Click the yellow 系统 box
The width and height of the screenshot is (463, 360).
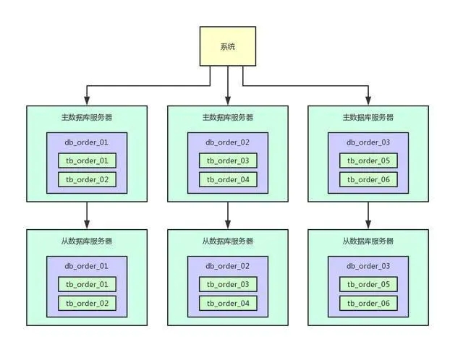228,46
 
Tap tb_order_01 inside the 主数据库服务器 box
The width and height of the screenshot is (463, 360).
87,160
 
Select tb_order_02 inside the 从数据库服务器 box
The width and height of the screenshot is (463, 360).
87,303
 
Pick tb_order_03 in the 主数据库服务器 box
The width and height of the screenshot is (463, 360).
228,160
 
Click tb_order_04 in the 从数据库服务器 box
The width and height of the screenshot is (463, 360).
228,303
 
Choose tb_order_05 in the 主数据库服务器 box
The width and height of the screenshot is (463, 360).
368,160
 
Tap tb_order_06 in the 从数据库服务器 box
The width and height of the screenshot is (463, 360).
368,303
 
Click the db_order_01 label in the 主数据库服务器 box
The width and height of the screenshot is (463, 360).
87,142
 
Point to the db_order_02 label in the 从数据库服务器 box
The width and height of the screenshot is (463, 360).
228,266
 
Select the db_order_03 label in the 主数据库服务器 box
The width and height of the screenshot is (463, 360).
368,142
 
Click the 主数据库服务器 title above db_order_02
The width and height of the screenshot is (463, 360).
228,117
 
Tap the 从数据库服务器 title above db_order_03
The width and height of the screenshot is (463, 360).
368,241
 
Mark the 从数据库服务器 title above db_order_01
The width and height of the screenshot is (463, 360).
87,241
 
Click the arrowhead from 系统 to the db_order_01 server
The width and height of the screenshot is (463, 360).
87,100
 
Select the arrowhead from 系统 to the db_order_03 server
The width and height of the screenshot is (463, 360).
368,100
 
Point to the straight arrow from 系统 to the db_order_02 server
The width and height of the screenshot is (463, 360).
228,85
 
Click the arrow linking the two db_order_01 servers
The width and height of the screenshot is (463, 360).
87,215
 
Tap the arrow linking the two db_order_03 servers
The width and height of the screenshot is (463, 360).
368,215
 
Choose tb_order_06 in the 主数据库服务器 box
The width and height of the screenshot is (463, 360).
368,179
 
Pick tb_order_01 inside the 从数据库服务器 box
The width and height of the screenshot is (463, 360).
87,284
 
